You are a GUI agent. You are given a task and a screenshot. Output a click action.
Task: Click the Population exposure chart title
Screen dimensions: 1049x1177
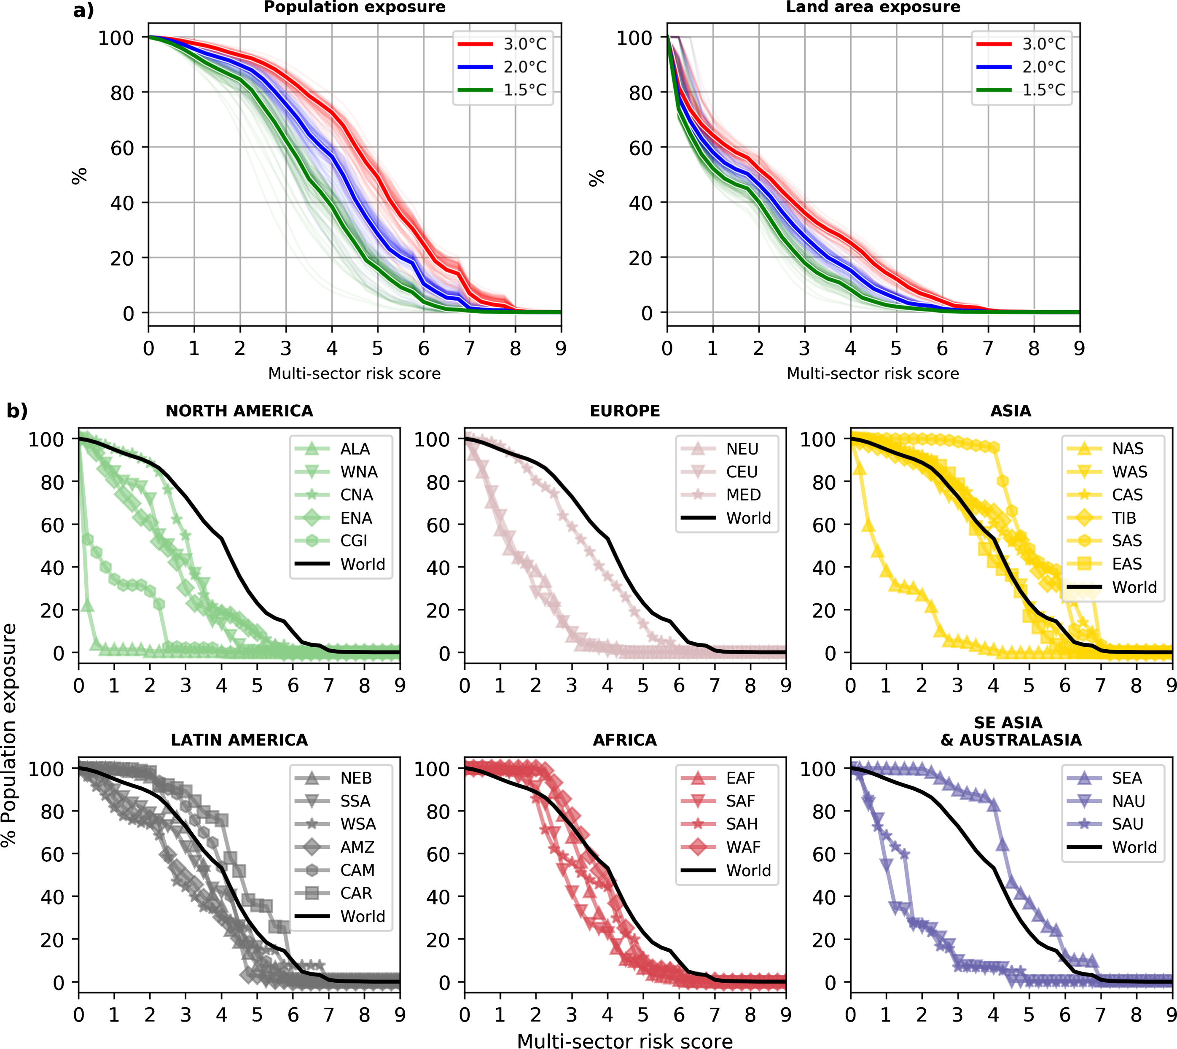[355, 8]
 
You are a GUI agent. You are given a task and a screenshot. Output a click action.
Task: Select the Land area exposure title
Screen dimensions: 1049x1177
[873, 8]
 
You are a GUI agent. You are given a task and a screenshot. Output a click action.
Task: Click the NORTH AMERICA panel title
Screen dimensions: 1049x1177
[239, 411]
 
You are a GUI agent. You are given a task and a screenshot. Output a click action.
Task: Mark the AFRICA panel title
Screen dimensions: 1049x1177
[625, 740]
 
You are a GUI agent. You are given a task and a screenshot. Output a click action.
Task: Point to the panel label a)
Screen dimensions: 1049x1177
[83, 11]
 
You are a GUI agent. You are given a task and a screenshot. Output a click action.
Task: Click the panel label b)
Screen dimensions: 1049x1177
[17, 411]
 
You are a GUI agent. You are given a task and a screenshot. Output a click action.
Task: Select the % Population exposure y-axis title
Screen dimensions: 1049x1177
[9, 735]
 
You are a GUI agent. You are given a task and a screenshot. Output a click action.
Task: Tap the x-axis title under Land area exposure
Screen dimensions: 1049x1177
[873, 374]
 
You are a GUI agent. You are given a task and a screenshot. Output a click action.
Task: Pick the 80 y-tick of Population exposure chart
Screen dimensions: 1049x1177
[122, 93]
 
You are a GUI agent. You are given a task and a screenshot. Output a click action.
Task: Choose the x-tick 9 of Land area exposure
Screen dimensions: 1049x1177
[1079, 348]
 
